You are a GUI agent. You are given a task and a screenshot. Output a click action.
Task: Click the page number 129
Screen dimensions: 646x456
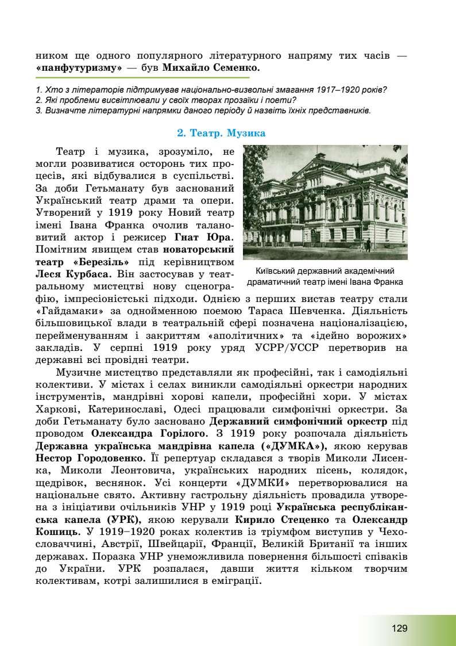(400, 628)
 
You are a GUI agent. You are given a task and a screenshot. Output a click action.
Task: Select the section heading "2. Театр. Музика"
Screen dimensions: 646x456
(221, 133)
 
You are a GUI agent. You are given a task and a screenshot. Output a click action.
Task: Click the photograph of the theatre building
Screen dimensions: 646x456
(325, 202)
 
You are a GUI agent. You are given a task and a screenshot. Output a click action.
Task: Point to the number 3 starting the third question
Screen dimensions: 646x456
(37, 110)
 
